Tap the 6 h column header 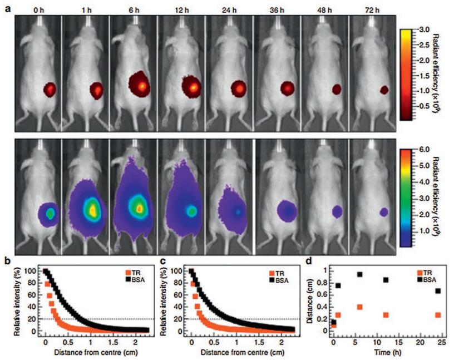pos(133,9)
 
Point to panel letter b pos(7,260)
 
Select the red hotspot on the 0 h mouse pos(51,89)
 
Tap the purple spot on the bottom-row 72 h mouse pos(384,211)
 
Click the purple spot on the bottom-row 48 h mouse pos(337,211)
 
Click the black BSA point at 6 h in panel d pos(359,274)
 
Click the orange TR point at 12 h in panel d pos(385,315)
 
